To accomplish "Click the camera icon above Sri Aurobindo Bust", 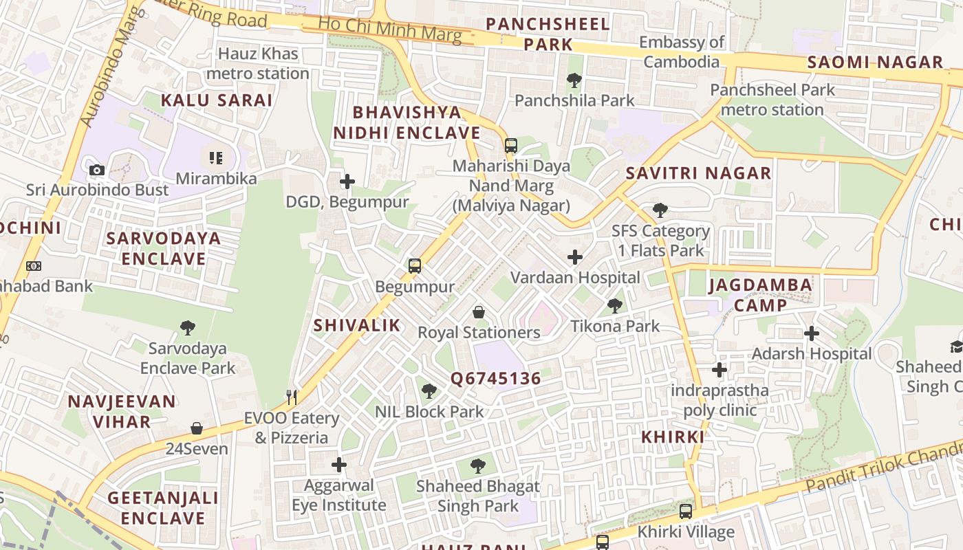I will (97, 170).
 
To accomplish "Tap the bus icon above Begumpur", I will (414, 266).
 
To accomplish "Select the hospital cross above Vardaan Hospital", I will (574, 258).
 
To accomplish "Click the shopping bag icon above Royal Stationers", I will (479, 313).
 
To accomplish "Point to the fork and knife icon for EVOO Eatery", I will (292, 397).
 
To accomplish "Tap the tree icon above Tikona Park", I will (615, 306).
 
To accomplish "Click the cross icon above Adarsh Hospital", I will (812, 333).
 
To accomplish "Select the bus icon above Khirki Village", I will (685, 511).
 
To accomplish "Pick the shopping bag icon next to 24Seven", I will (197, 428).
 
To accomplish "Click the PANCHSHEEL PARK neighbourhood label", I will (548, 34).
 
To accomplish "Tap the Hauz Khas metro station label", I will (258, 63).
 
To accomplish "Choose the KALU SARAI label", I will (217, 100).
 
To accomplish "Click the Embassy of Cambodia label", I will (681, 52).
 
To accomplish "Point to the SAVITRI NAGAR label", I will (698, 173).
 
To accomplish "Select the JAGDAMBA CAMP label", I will (760, 294).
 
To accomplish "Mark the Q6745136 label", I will (495, 379).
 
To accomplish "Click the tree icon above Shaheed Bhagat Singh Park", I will (477, 467).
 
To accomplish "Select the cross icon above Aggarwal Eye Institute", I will (338, 465).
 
